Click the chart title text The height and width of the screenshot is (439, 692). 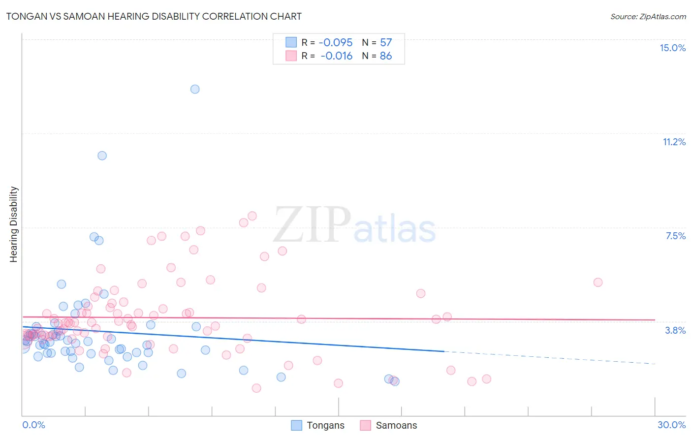[x=154, y=16]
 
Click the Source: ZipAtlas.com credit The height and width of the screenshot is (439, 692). [x=648, y=16]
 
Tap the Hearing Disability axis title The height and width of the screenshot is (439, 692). [x=13, y=224]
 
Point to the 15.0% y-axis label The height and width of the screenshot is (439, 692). [x=672, y=48]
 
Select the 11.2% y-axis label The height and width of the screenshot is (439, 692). [x=674, y=142]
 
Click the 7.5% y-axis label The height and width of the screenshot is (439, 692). [x=675, y=236]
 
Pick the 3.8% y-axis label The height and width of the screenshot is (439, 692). [x=675, y=330]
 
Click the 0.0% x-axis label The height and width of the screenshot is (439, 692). [x=33, y=425]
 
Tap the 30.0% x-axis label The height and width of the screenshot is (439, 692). [x=671, y=425]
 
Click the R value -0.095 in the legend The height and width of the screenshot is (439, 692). [x=336, y=42]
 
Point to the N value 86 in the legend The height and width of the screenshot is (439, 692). [x=386, y=56]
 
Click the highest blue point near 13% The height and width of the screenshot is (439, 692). [x=195, y=89]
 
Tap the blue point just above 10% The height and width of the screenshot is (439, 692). [x=102, y=156]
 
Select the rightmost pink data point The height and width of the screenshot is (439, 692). [x=598, y=282]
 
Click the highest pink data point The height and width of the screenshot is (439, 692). [x=252, y=216]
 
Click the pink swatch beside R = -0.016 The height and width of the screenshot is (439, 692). [x=291, y=56]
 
